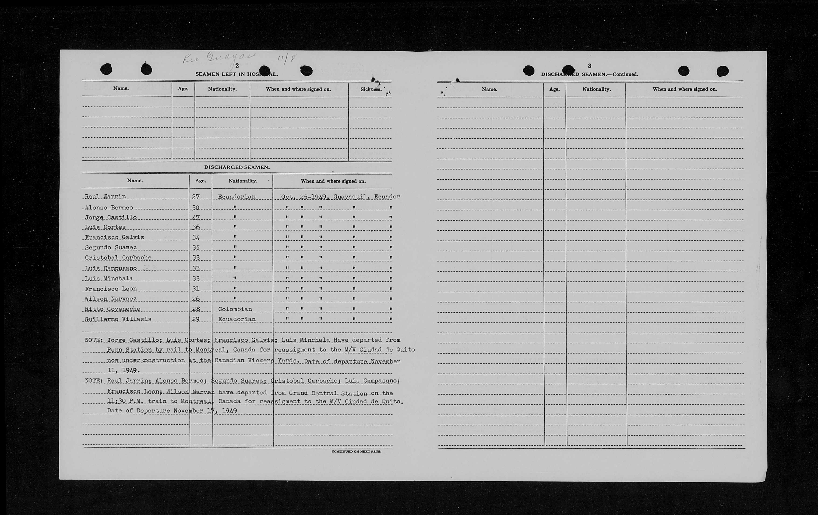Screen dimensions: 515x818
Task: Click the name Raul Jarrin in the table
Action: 105,197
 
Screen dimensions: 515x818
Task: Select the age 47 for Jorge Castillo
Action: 196,217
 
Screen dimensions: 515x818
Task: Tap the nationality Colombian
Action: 235,309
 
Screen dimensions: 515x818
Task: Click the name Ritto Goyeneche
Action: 113,309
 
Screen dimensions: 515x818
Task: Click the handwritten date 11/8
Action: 286,58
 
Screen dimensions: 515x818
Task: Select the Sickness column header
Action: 371,89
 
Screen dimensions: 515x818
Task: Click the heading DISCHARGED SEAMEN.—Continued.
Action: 589,74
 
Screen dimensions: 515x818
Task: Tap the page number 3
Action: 589,66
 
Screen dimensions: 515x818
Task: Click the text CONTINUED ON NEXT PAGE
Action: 356,451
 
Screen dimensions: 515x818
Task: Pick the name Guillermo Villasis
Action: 118,319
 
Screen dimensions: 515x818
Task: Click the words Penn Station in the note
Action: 129,350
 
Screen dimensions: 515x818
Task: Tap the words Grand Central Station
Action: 328,393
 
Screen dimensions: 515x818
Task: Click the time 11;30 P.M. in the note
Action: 125,401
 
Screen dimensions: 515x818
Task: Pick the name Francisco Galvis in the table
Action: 114,237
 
